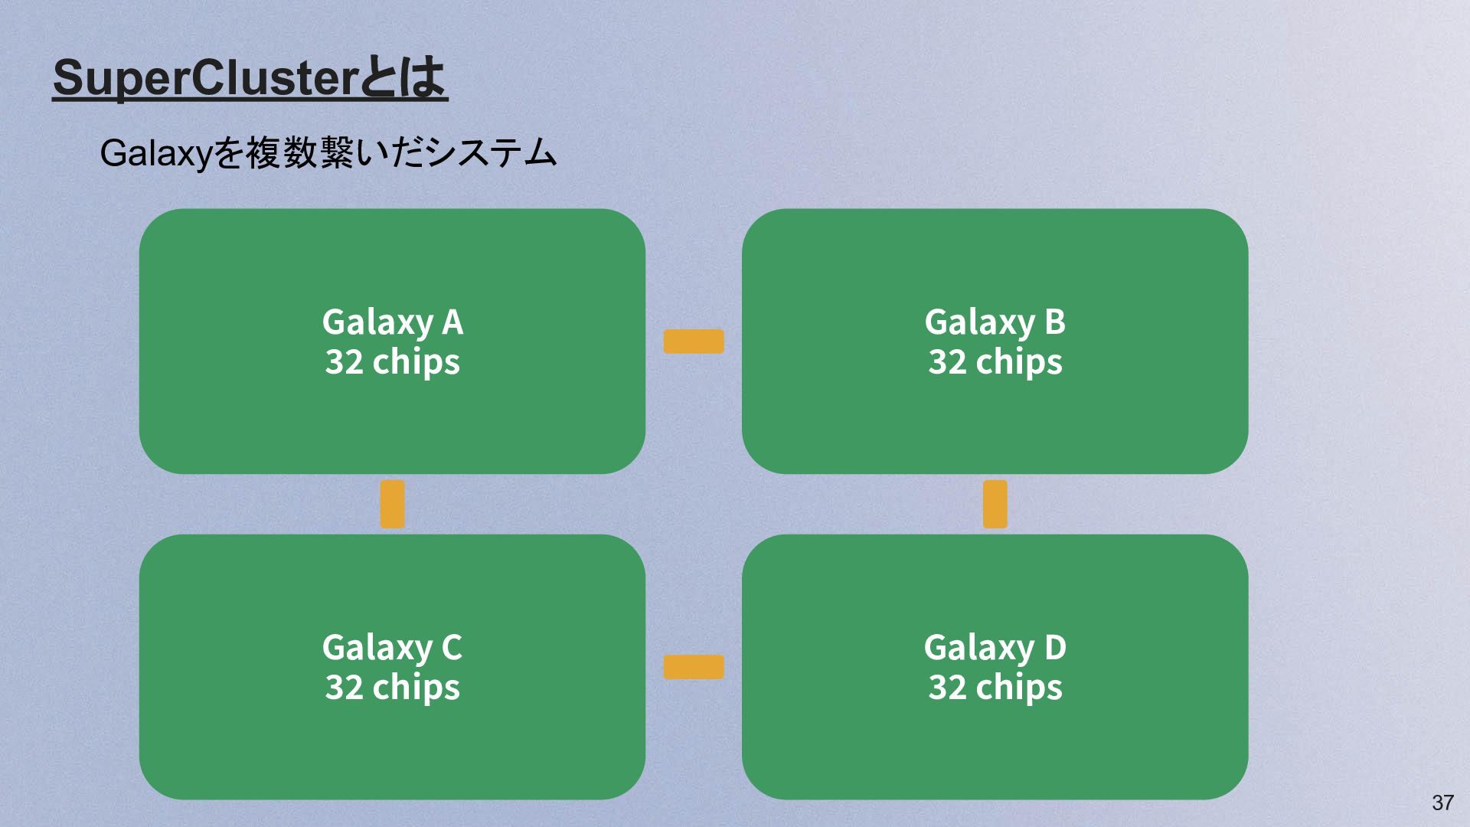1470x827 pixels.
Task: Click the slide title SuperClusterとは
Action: click(250, 78)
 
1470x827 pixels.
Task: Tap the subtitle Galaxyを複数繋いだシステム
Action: click(328, 153)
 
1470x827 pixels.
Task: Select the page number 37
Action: click(1442, 802)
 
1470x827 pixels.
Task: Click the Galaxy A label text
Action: click(392, 322)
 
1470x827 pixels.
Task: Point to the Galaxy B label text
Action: click(995, 322)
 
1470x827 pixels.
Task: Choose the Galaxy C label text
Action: click(392, 648)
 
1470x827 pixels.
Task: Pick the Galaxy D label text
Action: click(995, 648)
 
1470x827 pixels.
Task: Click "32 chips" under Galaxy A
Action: click(392, 361)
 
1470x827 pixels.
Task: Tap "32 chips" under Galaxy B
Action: click(995, 361)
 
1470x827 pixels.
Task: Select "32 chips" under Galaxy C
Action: click(392, 687)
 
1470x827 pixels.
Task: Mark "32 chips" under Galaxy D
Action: click(995, 687)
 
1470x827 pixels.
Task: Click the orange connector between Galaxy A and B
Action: click(694, 342)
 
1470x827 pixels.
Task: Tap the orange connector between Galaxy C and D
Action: click(694, 667)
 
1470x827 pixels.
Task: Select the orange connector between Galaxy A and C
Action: click(393, 504)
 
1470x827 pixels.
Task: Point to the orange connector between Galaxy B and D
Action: click(995, 504)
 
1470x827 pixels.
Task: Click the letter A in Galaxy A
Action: click(452, 322)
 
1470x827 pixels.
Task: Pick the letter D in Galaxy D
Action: click(1055, 648)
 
